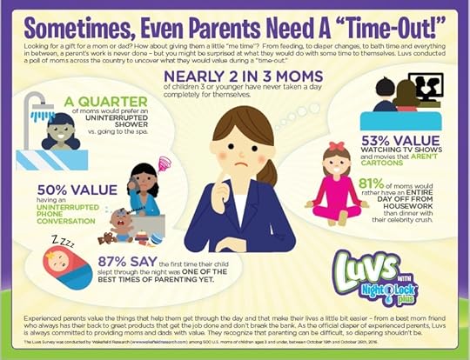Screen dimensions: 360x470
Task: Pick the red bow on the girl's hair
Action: (336, 147)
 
